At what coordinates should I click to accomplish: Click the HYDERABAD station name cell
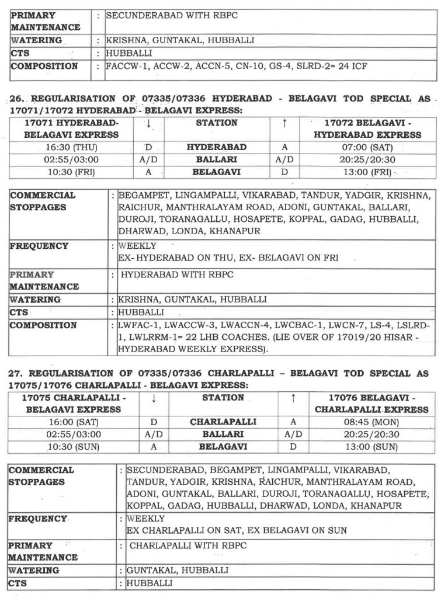click(216, 148)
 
